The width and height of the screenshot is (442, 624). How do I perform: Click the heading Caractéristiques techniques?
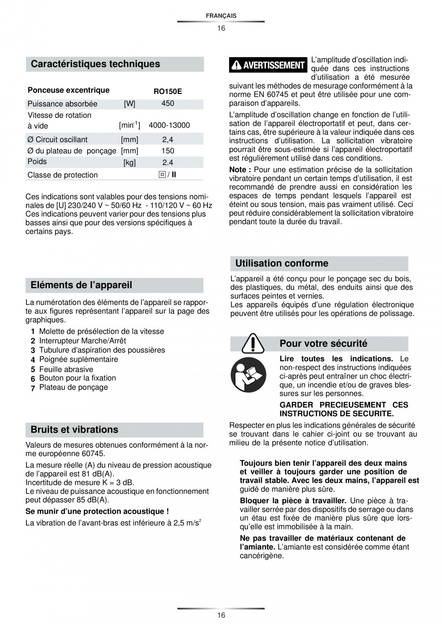pos(95,64)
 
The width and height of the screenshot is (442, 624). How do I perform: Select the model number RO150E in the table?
pos(168,91)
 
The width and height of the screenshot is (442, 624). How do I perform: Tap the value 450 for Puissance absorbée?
pos(168,104)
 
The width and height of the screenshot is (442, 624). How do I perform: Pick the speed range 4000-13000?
pos(169,125)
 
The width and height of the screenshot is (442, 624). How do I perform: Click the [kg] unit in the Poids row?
pos(129,163)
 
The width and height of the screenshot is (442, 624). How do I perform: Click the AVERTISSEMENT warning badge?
pos(268,65)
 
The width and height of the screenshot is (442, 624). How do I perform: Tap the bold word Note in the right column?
pos(240,170)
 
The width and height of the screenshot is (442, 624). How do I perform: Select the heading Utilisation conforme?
pos(282,263)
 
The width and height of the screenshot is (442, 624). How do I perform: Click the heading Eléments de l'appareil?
pos(81,285)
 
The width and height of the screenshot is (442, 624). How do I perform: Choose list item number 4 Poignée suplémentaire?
pos(78,359)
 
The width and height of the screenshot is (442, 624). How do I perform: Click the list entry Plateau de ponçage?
pos(73,388)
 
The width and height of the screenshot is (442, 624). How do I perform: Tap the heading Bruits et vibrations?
pos(74,430)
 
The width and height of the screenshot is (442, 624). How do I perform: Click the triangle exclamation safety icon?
pos(252,343)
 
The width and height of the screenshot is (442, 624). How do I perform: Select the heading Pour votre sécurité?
pos(323,343)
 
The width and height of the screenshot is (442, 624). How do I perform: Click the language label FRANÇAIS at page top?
pos(221,16)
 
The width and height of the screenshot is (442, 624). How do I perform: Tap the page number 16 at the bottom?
pos(221,615)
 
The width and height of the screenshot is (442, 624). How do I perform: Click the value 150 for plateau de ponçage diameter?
pos(168,151)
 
